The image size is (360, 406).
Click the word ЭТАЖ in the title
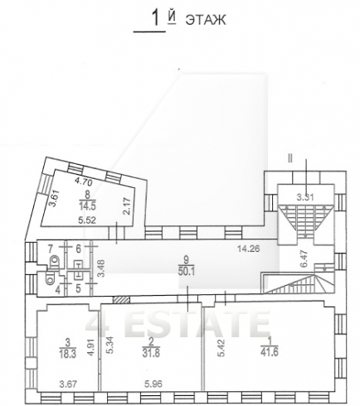pyautogui.click(x=206, y=20)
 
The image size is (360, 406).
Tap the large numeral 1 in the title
pyautogui.click(x=156, y=18)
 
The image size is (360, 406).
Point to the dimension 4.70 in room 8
pyautogui.click(x=84, y=182)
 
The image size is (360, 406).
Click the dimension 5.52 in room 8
pyautogui.click(x=87, y=220)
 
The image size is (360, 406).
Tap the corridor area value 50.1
pyautogui.click(x=187, y=271)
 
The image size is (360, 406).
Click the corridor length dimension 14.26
pyautogui.click(x=249, y=249)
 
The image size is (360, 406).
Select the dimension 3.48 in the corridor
pyautogui.click(x=102, y=268)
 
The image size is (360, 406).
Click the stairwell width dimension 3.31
pyautogui.click(x=305, y=198)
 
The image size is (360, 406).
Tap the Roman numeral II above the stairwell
pyautogui.click(x=290, y=159)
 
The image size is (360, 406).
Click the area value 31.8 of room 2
pyautogui.click(x=151, y=353)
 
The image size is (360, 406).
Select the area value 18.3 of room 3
pyautogui.click(x=67, y=353)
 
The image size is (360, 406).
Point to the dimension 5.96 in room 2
pyautogui.click(x=153, y=384)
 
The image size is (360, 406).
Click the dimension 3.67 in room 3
pyautogui.click(x=68, y=384)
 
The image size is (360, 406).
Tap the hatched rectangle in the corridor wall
pyautogui.click(x=122, y=300)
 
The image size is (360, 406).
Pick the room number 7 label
pyautogui.click(x=51, y=249)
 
